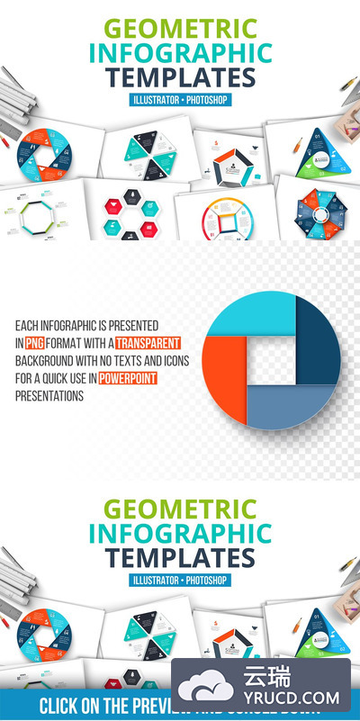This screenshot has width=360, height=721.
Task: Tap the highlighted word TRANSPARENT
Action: [149, 342]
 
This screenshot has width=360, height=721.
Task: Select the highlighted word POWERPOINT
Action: [128, 378]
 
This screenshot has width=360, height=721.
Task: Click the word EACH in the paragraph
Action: [26, 325]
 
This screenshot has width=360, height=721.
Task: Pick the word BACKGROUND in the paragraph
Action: [46, 360]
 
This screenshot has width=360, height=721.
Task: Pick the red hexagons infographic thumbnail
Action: [135, 216]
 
